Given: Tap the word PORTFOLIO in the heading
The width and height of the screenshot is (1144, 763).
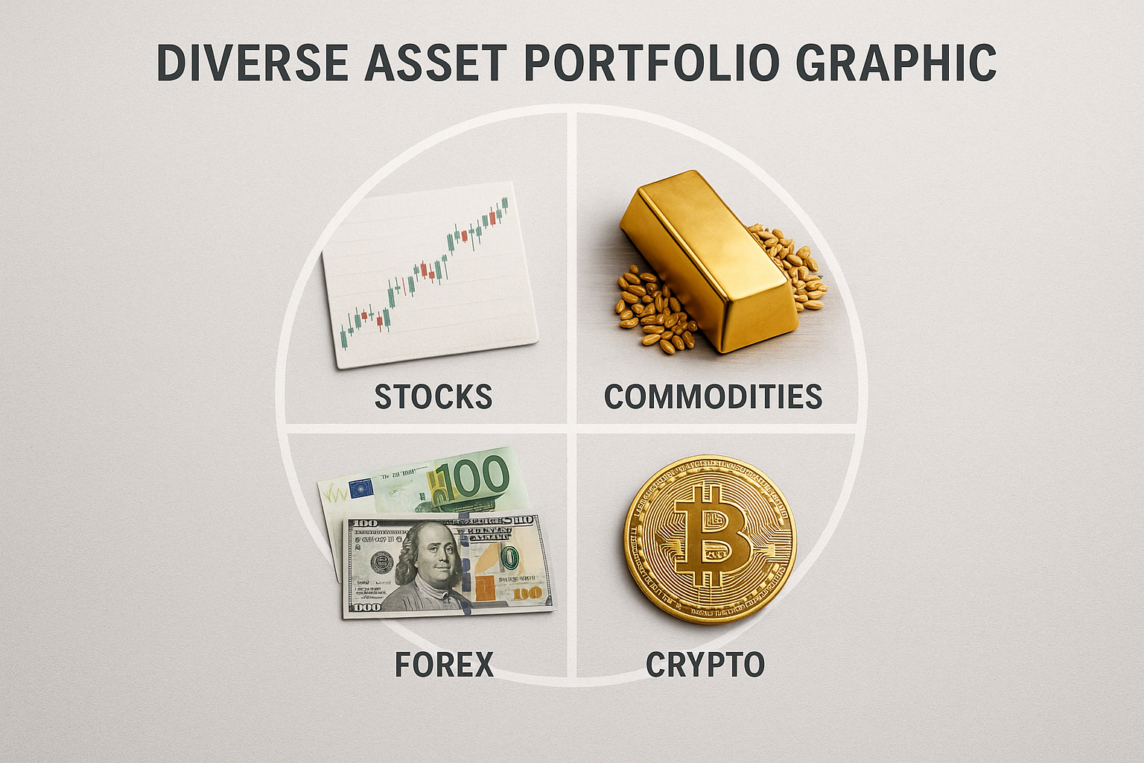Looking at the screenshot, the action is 646,63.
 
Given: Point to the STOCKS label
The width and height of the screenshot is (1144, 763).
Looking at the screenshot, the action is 433,396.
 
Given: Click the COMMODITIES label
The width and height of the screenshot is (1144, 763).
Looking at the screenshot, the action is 713,396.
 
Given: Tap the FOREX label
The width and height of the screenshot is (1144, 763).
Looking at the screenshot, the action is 445,664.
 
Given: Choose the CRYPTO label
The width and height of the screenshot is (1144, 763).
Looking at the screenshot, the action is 705,664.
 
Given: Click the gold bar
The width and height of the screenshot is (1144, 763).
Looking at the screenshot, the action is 710,261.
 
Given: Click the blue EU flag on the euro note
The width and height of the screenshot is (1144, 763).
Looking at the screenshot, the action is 361,489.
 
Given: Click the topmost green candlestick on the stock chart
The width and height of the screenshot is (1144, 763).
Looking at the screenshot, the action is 505,203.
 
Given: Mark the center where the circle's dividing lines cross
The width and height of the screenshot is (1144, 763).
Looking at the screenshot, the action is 572,428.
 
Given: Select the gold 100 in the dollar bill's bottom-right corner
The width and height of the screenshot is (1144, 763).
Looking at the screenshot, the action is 527,593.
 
